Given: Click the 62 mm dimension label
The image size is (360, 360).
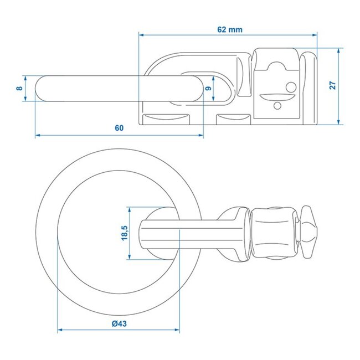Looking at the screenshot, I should click(228, 29).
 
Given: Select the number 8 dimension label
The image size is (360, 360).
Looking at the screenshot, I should click(19, 89).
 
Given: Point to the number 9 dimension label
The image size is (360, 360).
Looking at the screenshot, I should click(208, 88).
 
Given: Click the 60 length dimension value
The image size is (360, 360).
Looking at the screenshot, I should click(119, 128).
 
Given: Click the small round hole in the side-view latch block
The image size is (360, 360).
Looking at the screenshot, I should click(290, 86).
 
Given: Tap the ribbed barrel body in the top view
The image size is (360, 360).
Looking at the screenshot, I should click(272, 233).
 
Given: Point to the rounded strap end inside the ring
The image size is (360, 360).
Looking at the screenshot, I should click(145, 233).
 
